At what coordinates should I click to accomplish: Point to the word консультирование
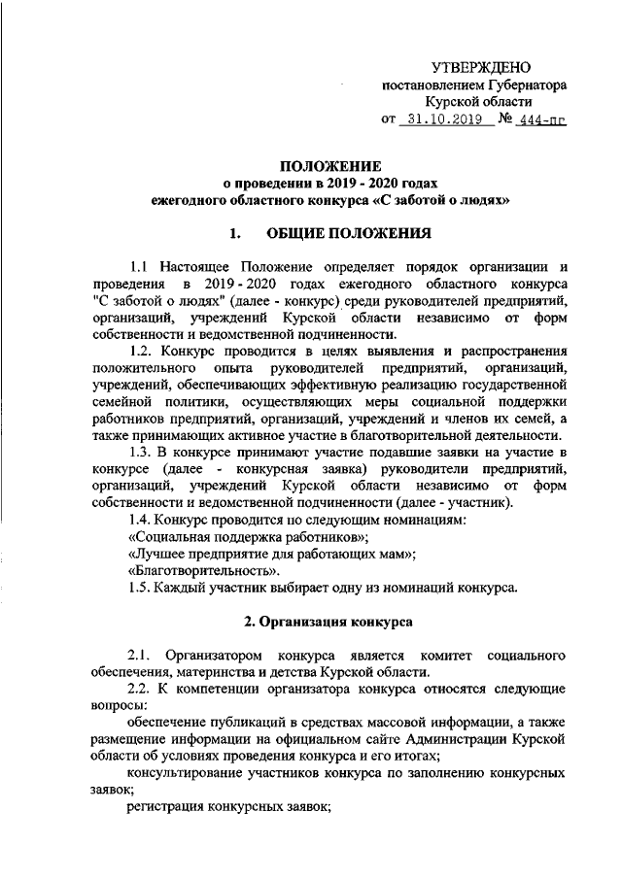point(191,774)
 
